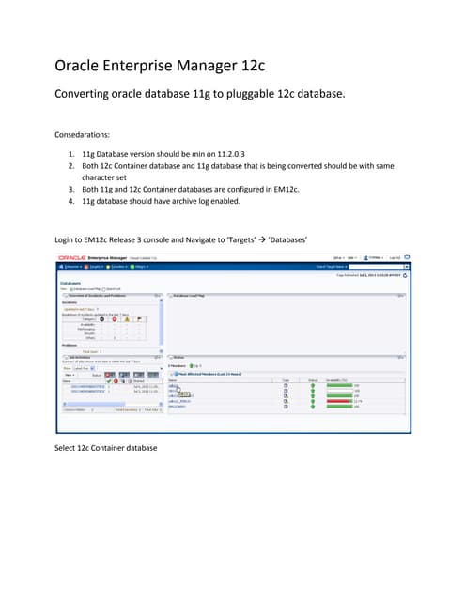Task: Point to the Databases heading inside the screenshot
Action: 73,281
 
